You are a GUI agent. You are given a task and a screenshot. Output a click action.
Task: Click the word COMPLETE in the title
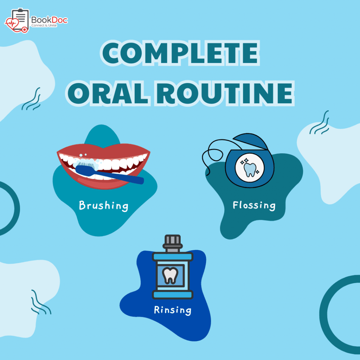[x=180, y=53]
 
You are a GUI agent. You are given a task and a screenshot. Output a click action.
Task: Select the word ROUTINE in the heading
[x=225, y=94]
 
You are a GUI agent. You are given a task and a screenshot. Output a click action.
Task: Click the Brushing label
[x=104, y=206]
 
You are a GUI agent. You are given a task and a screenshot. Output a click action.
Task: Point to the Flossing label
[x=254, y=205]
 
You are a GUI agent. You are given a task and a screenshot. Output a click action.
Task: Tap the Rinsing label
[x=172, y=310]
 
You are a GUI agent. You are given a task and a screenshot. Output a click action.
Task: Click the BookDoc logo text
[x=49, y=20]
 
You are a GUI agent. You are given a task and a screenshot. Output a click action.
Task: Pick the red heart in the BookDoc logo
[x=12, y=24]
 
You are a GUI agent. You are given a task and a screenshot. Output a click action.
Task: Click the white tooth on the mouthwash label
[x=170, y=275]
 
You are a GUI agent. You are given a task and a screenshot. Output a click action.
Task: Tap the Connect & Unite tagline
[x=44, y=25]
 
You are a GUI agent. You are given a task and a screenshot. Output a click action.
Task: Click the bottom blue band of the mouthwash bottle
[x=172, y=295]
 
